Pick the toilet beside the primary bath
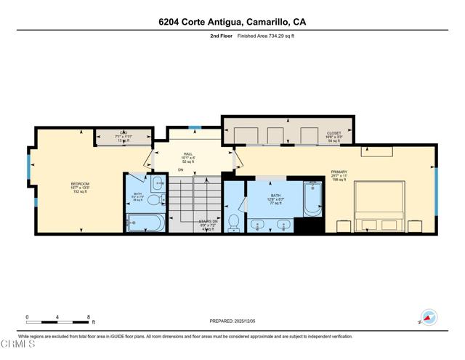234,222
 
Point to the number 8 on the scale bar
89,317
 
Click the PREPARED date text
232,320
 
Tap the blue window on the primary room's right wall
436,191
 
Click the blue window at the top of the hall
193,128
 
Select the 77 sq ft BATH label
275,198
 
